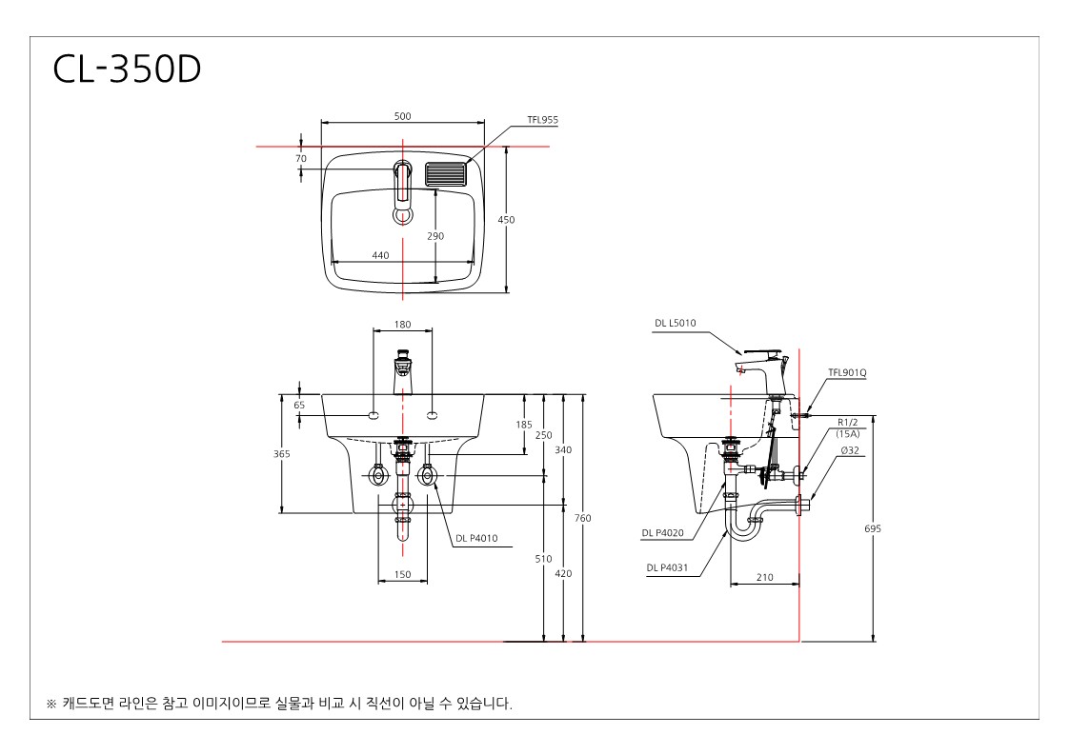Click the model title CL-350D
click(x=127, y=70)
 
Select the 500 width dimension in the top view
click(x=403, y=116)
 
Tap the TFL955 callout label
click(x=542, y=120)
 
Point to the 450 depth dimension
click(x=506, y=220)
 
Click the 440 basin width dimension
click(x=381, y=255)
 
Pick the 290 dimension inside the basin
click(x=435, y=236)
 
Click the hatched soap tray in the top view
click(x=446, y=174)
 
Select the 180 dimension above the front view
click(x=403, y=324)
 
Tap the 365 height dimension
click(x=282, y=453)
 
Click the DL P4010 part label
click(x=477, y=538)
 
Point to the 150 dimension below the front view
click(x=403, y=574)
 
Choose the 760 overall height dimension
click(x=583, y=518)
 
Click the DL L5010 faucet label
click(x=676, y=324)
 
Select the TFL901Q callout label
click(x=848, y=372)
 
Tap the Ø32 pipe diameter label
click(x=850, y=450)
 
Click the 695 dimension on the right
click(x=873, y=527)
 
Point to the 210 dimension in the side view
click(x=765, y=577)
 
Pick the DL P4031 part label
click(x=667, y=567)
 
